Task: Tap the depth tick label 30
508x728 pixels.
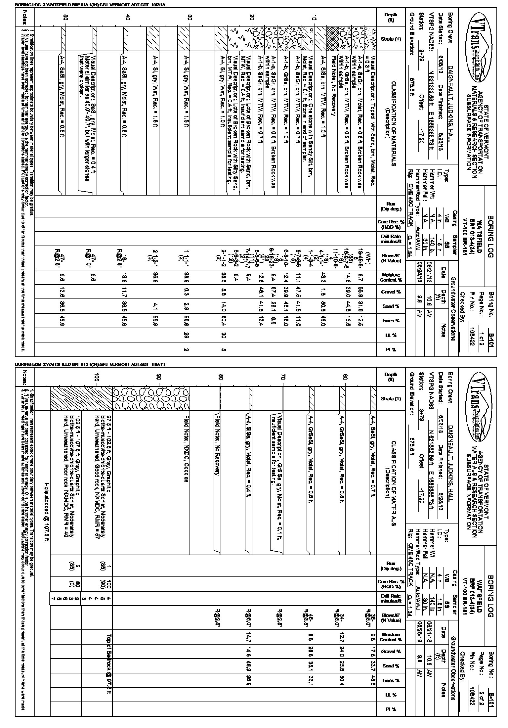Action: pyautogui.click(x=190, y=19)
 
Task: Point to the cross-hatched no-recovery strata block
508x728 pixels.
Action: pyautogui.click(x=331, y=39)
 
